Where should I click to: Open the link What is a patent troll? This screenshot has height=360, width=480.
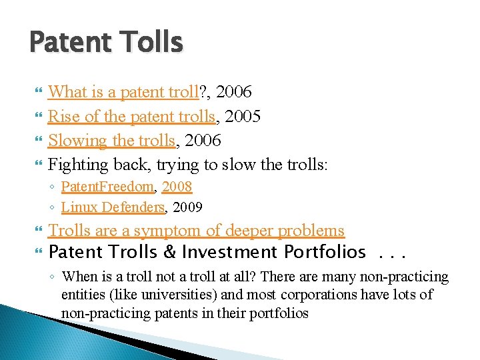(124, 91)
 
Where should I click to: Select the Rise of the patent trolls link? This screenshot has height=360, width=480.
(131, 116)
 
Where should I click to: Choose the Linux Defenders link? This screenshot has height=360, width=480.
(113, 207)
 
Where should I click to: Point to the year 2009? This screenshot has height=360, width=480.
(187, 207)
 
